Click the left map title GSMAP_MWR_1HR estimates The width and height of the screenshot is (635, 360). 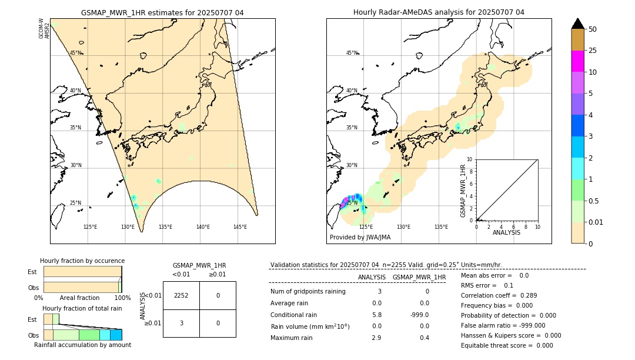(x=162, y=12)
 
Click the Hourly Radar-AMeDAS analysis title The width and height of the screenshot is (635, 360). (x=439, y=12)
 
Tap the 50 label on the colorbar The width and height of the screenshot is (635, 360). (x=593, y=29)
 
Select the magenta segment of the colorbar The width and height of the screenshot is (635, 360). (x=577, y=61)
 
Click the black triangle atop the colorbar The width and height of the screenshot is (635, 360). (x=577, y=24)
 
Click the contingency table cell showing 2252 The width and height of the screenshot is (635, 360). (x=181, y=295)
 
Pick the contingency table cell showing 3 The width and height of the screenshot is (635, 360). (x=181, y=323)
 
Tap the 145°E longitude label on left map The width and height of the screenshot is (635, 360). (x=240, y=227)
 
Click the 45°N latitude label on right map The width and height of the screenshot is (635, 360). (x=352, y=53)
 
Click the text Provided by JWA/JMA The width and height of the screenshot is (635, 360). (x=360, y=238)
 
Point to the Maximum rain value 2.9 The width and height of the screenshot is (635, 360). (x=376, y=338)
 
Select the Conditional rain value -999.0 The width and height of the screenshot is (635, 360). (x=420, y=315)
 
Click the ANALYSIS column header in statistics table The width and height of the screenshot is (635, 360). (x=372, y=277)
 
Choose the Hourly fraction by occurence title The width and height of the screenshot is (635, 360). (x=82, y=261)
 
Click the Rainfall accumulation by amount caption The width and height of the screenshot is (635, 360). (x=82, y=345)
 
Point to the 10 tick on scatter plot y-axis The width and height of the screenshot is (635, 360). (x=470, y=159)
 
